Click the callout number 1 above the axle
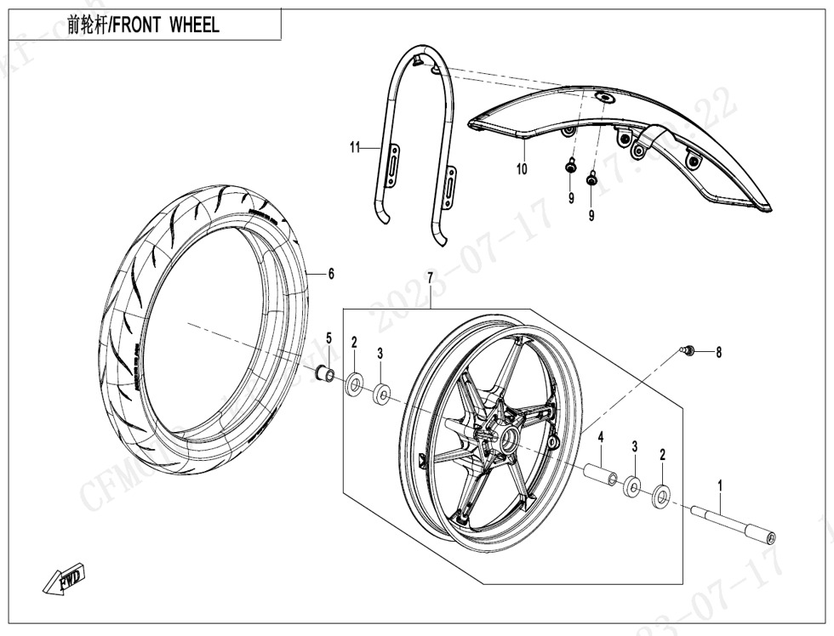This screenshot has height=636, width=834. (x=720, y=486)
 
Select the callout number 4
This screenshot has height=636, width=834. (x=600, y=437)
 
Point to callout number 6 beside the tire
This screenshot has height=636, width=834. (x=331, y=274)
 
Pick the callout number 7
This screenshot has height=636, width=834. (x=431, y=278)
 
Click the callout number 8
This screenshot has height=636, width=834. (x=718, y=352)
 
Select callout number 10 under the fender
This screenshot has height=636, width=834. (x=522, y=169)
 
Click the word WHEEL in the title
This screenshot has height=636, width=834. (x=194, y=25)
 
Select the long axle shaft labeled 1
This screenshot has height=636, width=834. (x=732, y=525)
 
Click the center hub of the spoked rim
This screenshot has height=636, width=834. (x=513, y=438)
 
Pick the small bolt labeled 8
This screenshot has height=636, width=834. (x=689, y=349)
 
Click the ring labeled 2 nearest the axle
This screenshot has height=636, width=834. (x=660, y=494)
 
